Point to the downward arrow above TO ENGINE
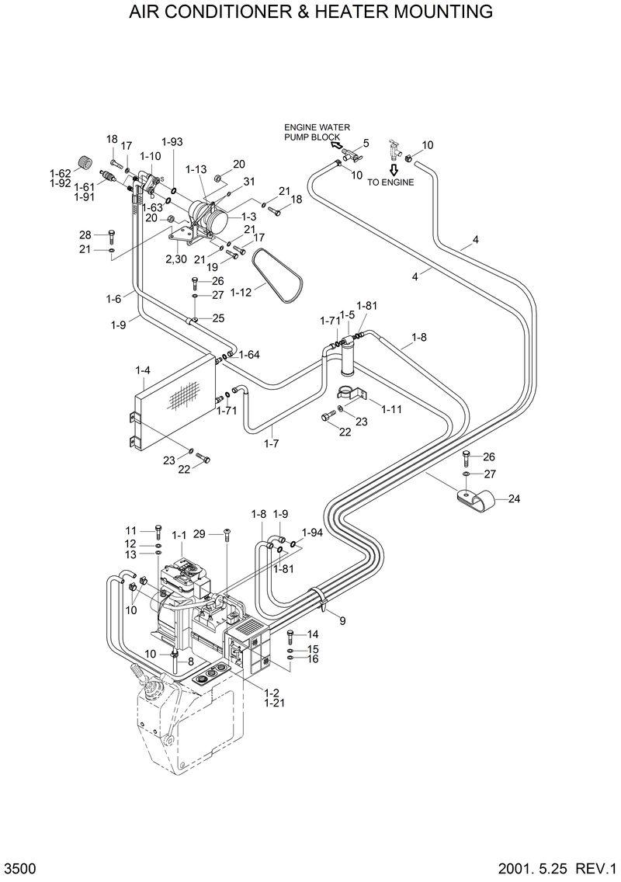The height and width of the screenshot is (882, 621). tap(394, 169)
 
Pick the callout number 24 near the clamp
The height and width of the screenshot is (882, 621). tap(514, 499)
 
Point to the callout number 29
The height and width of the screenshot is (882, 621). tap(200, 534)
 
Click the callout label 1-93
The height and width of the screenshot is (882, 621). tap(172, 141)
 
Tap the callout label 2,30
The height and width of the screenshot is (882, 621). tap(175, 259)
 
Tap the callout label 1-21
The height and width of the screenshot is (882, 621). tap(272, 703)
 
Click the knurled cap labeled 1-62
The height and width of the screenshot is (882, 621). tap(86, 164)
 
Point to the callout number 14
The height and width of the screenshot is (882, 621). tap(314, 634)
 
